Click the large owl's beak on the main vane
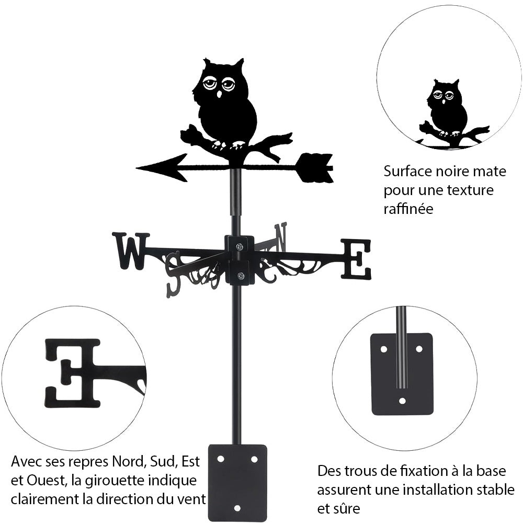(x=219, y=95)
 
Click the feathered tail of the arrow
(x=315, y=167)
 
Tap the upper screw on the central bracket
(x=240, y=246)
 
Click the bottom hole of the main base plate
(x=237, y=508)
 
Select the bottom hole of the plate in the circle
(x=402, y=401)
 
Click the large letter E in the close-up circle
(x=73, y=372)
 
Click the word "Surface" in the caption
(x=409, y=171)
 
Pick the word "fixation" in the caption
(x=426, y=471)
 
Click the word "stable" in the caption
(x=491, y=490)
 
